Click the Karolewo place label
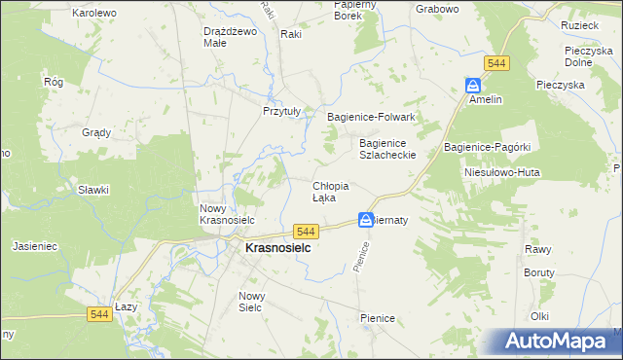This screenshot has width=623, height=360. pyautogui.click(x=94, y=13)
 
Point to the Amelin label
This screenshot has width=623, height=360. pyautogui.click(x=484, y=99)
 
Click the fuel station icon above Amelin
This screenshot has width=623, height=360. pyautogui.click(x=472, y=85)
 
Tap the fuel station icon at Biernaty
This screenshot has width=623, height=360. pyautogui.click(x=365, y=220)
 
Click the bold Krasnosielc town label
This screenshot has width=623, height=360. pyautogui.click(x=264, y=249)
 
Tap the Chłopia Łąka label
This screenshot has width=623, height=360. pyautogui.click(x=330, y=191)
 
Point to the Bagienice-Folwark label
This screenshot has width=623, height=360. pyautogui.click(x=371, y=117)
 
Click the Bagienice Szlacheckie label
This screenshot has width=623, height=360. pyautogui.click(x=387, y=148)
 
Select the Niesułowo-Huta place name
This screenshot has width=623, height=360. pyautogui.click(x=501, y=172)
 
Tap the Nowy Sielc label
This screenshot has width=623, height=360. pyautogui.click(x=252, y=301)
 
